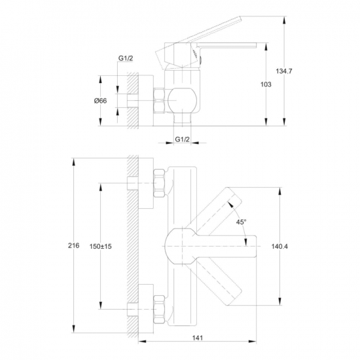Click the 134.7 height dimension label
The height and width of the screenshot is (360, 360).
284,71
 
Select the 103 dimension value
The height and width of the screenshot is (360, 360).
266,84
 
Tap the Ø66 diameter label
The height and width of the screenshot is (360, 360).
100,101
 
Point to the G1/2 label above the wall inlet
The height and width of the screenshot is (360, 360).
126,58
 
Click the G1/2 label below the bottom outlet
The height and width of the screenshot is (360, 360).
183,139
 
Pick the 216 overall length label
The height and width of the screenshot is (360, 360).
73,245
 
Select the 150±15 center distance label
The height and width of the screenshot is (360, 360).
100,246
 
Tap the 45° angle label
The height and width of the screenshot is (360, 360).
241,222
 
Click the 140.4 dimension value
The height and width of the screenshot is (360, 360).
279,246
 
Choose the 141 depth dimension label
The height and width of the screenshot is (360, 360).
198,338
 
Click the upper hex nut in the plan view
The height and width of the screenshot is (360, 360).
159,183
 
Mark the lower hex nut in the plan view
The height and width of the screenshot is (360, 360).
159,309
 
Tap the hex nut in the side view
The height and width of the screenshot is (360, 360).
159,101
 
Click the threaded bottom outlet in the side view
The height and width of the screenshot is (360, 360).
182,120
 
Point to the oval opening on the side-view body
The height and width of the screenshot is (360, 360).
182,101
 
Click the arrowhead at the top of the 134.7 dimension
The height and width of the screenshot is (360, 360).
284,20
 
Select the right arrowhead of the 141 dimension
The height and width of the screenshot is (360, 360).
253,342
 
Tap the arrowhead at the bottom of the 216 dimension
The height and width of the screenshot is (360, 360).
73,329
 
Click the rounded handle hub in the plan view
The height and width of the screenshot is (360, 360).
181,246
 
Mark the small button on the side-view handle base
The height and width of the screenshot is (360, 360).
201,60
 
